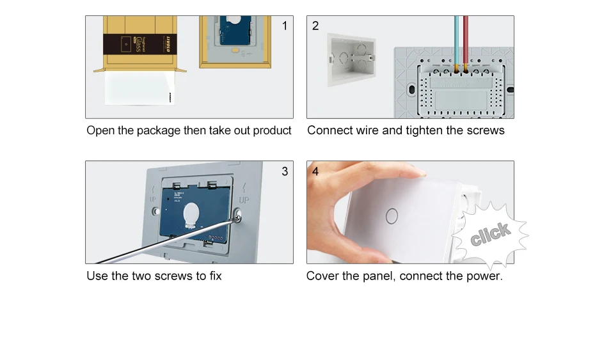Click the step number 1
285,26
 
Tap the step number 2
315,26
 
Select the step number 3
285,171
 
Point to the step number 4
315,171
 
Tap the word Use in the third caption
97,276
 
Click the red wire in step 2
465,38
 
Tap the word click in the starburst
490,235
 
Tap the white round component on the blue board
193,215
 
